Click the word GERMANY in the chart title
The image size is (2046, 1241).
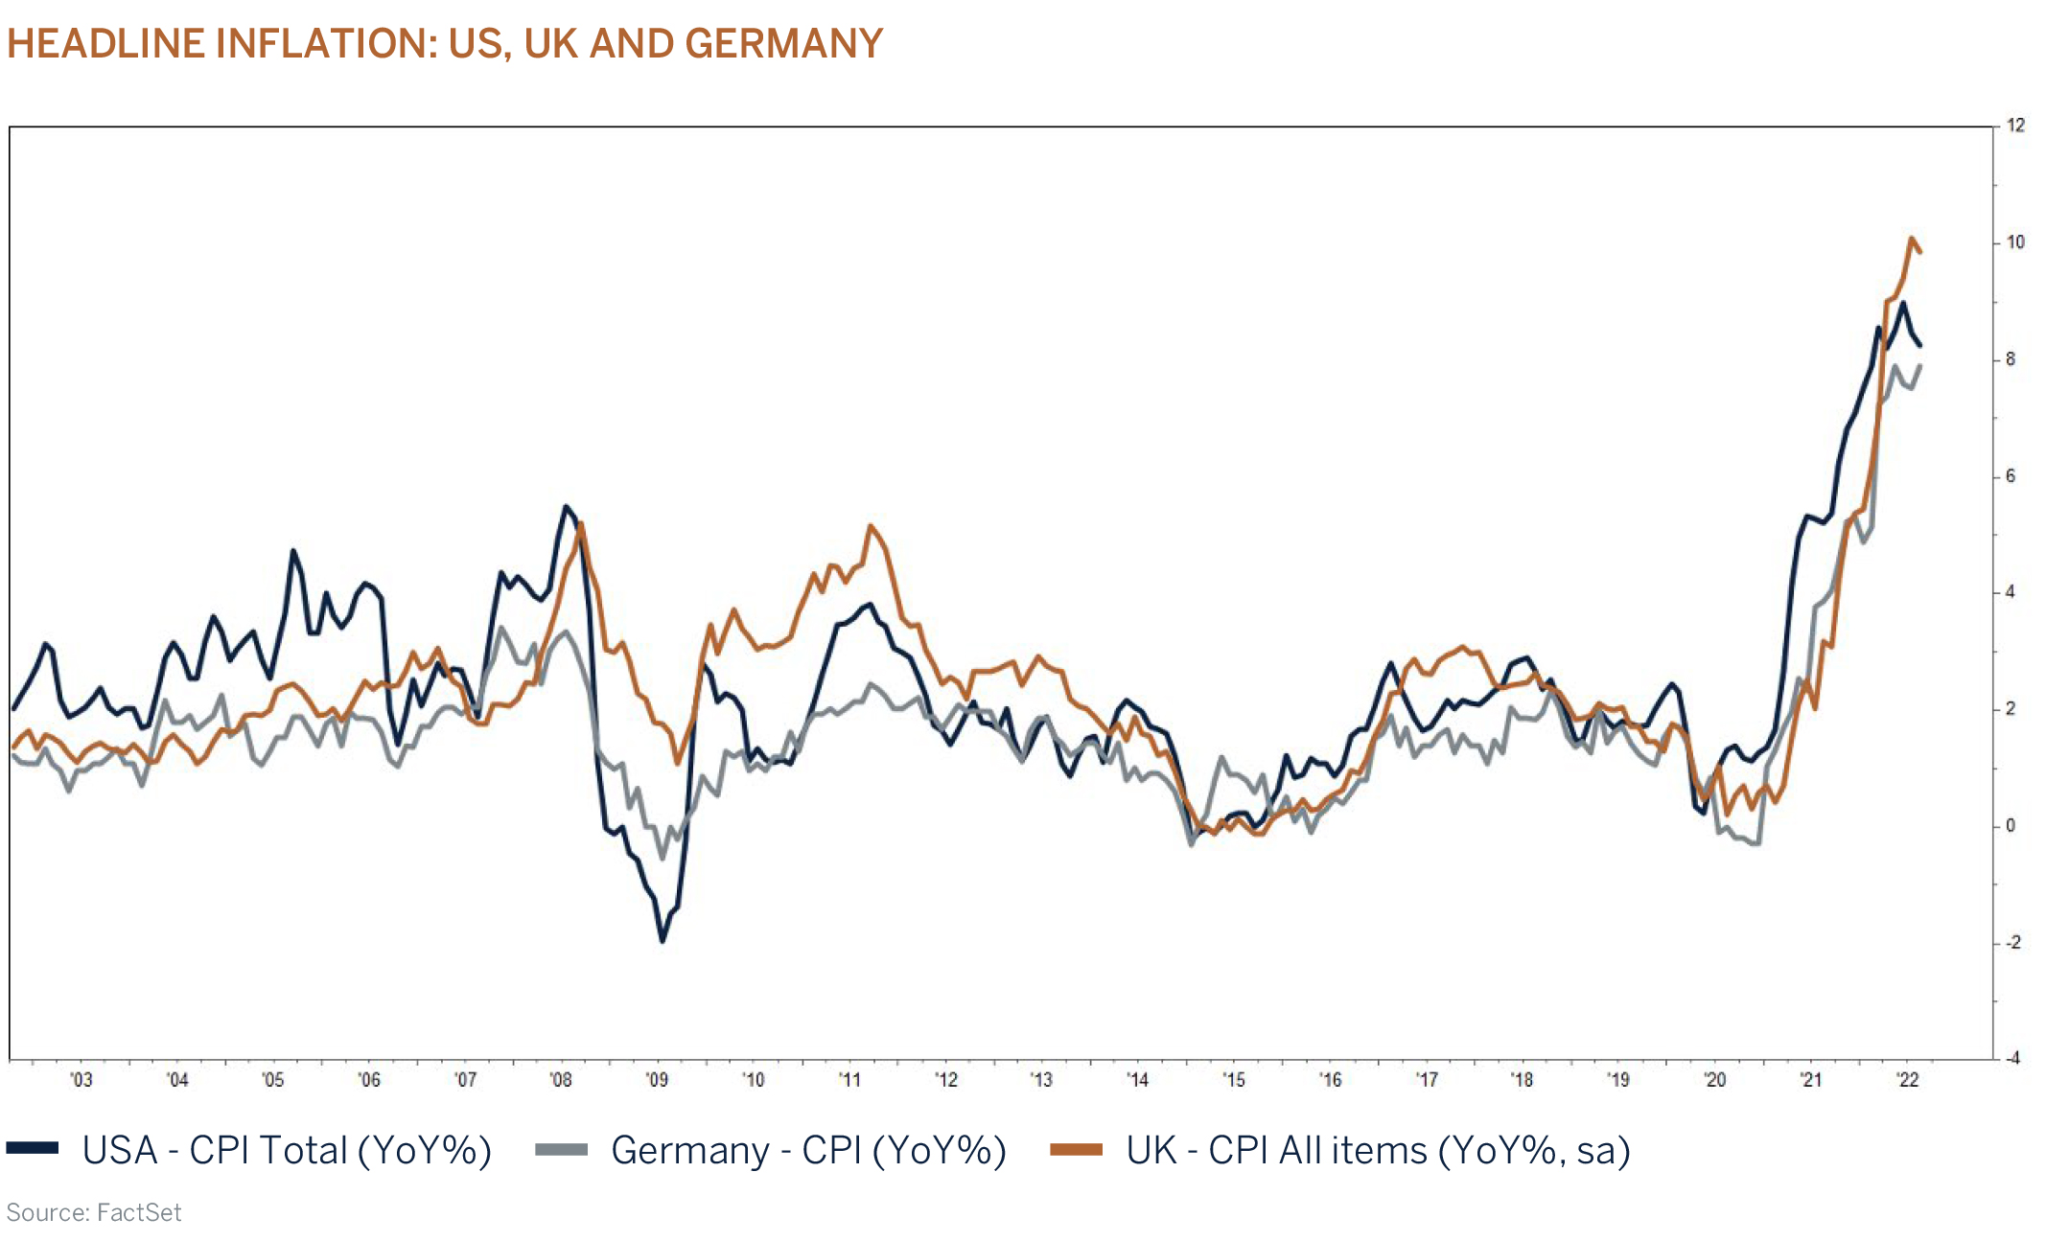click(x=783, y=44)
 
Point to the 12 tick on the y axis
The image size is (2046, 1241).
click(x=2015, y=126)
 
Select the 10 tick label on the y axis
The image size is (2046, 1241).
click(x=2015, y=242)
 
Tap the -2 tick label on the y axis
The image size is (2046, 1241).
click(x=2012, y=943)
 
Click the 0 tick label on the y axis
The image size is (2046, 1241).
click(x=2011, y=826)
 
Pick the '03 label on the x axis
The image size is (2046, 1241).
click(x=81, y=1080)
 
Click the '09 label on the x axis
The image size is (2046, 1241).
click(x=657, y=1080)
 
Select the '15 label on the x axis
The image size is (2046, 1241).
click(x=1234, y=1080)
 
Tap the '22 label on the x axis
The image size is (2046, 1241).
click(x=1908, y=1080)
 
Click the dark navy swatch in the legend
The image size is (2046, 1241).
click(x=33, y=1149)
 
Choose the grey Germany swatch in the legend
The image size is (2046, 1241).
click(x=561, y=1149)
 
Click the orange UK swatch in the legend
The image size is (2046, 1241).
click(x=1076, y=1149)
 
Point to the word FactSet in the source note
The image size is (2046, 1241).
click(x=139, y=1213)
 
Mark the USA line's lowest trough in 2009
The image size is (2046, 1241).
click(x=662, y=941)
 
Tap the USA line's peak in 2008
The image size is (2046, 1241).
click(x=567, y=507)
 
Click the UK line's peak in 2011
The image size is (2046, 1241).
click(x=870, y=525)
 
